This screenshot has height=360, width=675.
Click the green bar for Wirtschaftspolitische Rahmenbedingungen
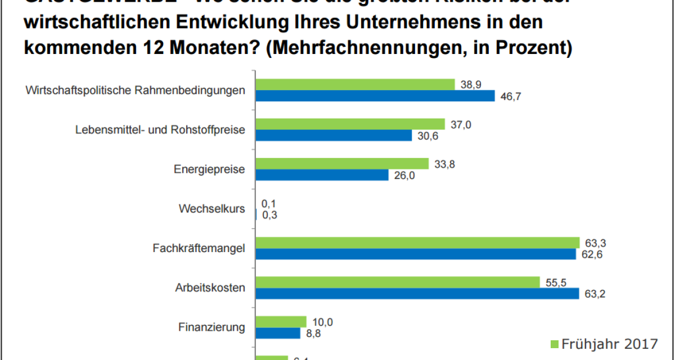[355, 84]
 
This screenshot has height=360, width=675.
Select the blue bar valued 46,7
[375, 96]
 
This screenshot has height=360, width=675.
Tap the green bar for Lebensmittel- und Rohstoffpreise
[350, 124]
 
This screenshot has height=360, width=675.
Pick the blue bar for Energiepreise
[322, 175]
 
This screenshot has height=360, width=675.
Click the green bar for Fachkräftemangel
[417, 242]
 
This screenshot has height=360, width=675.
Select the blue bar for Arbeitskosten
[417, 294]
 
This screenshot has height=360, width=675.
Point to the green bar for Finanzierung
[281, 322]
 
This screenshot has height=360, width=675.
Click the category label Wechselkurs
[212, 209]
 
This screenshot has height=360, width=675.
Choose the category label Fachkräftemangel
[199, 248]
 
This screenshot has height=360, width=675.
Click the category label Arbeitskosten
[210, 288]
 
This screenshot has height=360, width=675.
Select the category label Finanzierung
[211, 327]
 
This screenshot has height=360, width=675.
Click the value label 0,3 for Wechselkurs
[269, 214]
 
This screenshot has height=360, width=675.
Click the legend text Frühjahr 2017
[609, 343]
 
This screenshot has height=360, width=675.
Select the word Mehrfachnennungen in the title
[366, 47]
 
